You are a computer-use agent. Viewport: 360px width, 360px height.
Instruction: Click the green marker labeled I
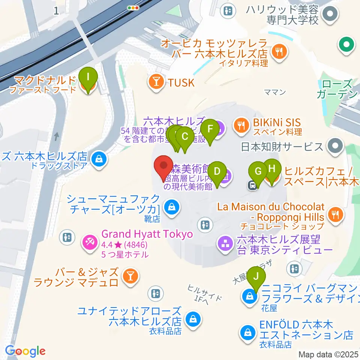88,78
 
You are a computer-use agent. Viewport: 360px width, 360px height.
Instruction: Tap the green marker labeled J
256,277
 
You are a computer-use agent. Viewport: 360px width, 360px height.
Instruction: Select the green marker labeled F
210,129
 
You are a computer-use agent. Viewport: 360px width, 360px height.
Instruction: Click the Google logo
25,351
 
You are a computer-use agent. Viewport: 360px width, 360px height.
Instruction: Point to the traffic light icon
133,7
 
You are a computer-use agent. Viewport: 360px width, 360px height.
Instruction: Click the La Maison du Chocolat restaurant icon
335,214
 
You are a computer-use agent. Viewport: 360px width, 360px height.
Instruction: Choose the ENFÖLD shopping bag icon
248,332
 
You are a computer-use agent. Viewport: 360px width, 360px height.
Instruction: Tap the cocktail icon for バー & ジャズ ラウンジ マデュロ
131,277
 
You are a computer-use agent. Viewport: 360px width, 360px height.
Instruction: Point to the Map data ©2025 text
328,354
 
